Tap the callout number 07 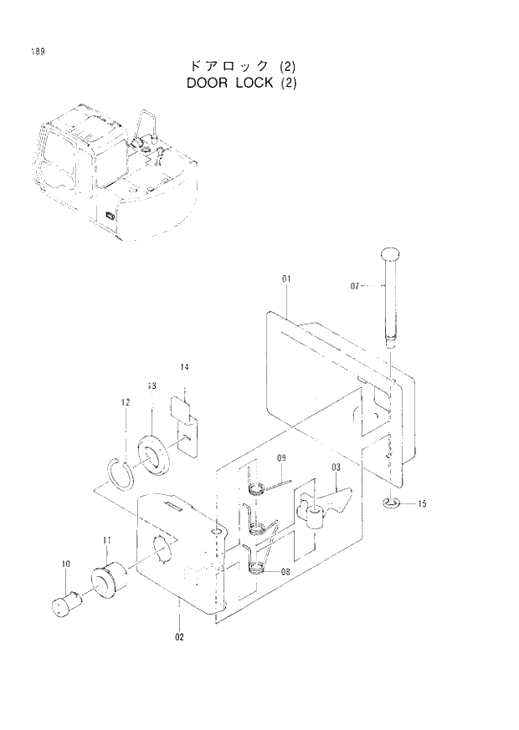pyautogui.click(x=355, y=286)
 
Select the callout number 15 pyautogui.click(x=423, y=503)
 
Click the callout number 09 pyautogui.click(x=281, y=457)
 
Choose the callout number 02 pyautogui.click(x=179, y=636)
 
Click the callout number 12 pyautogui.click(x=124, y=403)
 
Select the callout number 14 pyautogui.click(x=184, y=367)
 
